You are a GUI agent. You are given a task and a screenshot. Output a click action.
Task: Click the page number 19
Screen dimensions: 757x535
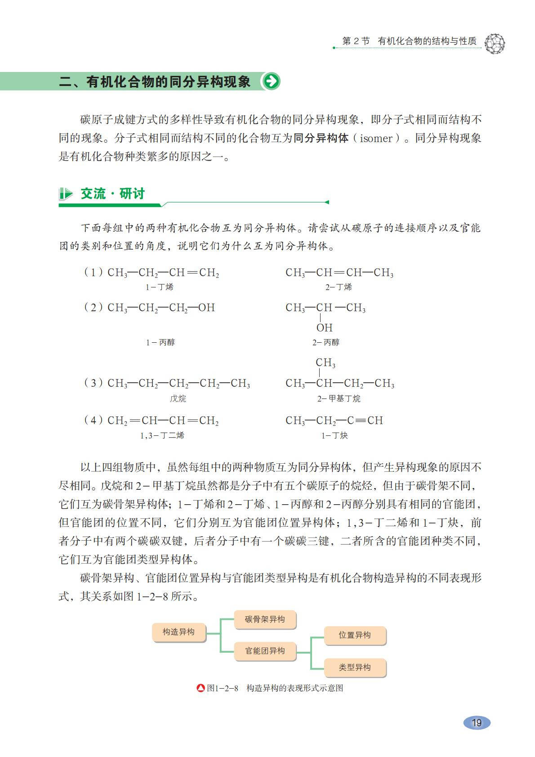(477, 722)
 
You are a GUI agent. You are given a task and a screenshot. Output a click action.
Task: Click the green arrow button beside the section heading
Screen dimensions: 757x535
(271, 81)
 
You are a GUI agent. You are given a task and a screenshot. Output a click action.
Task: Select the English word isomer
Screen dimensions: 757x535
(376, 139)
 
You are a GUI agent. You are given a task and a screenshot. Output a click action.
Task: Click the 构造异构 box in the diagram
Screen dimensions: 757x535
(178, 632)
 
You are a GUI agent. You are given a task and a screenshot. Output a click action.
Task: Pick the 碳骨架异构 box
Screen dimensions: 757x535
(265, 619)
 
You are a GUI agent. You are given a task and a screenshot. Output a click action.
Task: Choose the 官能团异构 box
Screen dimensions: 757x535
(265, 651)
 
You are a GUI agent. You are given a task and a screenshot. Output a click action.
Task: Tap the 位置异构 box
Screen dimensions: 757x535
(355, 635)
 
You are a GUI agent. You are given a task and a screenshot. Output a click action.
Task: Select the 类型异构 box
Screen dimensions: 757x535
(355, 667)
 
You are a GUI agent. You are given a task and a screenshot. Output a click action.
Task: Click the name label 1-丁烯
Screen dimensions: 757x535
(160, 287)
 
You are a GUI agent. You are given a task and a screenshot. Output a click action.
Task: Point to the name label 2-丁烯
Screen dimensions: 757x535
(339, 287)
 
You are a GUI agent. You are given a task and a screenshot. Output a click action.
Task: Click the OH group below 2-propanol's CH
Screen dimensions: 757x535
(324, 328)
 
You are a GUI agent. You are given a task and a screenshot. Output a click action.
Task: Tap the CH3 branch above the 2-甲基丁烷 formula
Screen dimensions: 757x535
(325, 363)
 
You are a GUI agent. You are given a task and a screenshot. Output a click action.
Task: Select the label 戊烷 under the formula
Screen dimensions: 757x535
(178, 399)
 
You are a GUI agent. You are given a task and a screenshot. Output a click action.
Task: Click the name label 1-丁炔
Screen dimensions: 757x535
(334, 435)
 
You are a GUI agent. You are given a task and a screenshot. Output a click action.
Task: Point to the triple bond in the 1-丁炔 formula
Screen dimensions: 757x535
(360, 421)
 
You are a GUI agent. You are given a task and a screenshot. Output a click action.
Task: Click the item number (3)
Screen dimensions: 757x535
(93, 383)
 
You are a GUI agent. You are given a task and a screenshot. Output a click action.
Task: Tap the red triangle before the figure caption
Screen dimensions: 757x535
(201, 688)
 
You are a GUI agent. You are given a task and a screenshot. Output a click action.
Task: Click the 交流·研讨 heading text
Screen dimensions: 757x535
(112, 194)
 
